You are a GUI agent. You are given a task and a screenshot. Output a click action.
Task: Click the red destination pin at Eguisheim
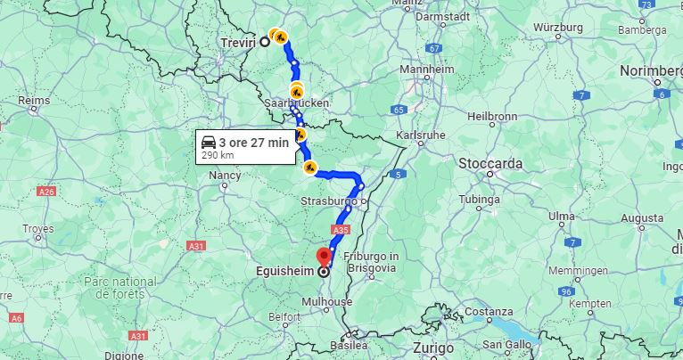tap(324, 258)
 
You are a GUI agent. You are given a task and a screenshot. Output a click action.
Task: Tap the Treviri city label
tap(237, 42)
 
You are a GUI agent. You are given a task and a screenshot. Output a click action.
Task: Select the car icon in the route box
tap(208, 142)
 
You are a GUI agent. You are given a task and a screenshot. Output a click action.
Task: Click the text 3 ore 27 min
tap(254, 142)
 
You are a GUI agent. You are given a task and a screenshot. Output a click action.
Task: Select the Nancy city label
tap(224, 176)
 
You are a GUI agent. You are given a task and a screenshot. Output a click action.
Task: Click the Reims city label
tap(34, 101)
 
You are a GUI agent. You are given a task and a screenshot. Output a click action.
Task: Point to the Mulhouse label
tap(328, 302)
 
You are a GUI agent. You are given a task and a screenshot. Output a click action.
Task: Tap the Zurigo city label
tap(432, 348)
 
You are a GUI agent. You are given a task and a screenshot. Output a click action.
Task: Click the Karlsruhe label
tap(419, 135)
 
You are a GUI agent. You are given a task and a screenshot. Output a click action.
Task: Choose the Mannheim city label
tap(426, 70)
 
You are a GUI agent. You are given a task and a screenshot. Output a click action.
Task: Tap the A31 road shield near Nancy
tap(197, 245)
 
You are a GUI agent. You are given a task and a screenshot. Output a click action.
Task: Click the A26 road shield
tap(48, 192)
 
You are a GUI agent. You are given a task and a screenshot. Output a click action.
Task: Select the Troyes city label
tap(38, 229)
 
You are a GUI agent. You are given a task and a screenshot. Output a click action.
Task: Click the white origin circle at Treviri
tap(265, 42)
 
